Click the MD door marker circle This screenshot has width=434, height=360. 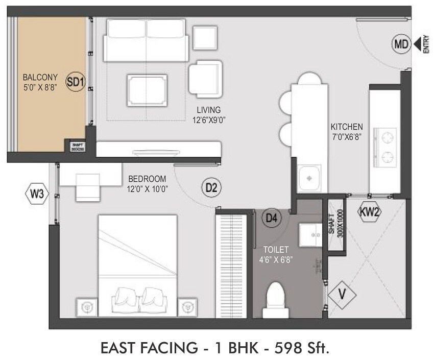point(401,45)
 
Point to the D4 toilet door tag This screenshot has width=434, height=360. point(272,218)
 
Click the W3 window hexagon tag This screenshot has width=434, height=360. point(37,194)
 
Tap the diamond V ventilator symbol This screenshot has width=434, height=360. point(341,295)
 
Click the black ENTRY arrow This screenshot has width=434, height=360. point(417,44)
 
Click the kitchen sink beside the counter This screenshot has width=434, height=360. point(309,178)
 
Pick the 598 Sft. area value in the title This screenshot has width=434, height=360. point(298,348)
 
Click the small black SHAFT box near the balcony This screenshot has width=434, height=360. point(77,147)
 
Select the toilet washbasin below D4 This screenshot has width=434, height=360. point(310,234)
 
